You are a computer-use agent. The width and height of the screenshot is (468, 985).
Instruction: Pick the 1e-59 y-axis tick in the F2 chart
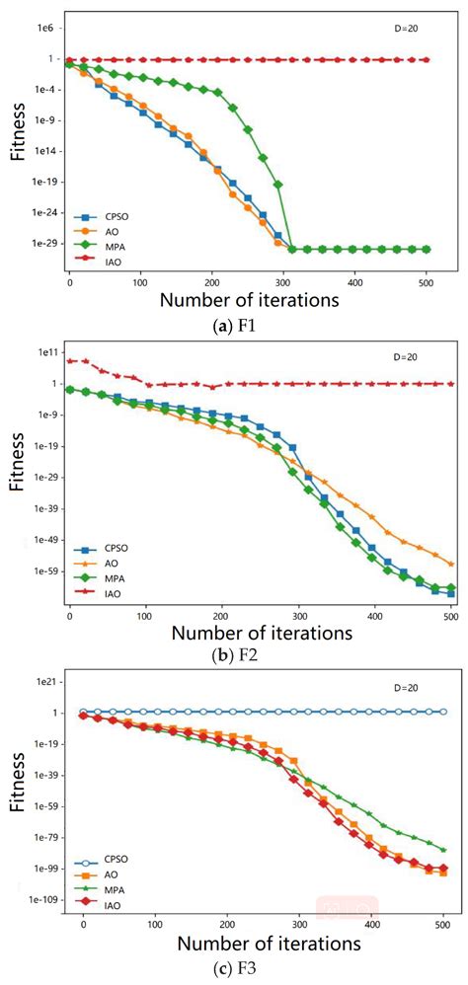pyautogui.click(x=40, y=570)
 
